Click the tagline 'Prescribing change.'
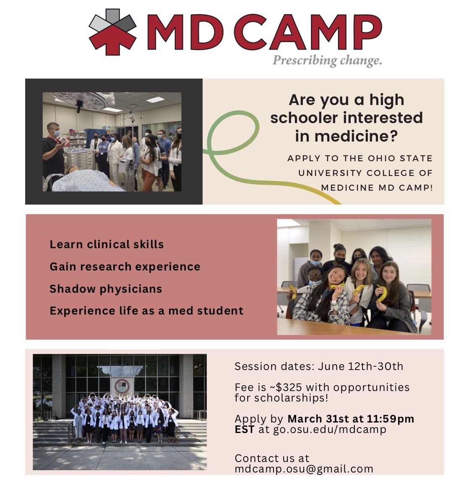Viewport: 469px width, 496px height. coord(327,60)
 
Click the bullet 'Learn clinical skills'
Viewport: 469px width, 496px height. coord(107,244)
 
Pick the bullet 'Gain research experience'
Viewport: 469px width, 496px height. coord(125,267)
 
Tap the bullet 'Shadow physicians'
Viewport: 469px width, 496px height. coord(106,289)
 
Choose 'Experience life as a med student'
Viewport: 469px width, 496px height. coord(146,311)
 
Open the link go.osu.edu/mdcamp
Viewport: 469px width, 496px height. coord(329,430)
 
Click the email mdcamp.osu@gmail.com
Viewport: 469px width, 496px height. coord(304,469)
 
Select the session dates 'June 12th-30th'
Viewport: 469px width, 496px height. coord(360,366)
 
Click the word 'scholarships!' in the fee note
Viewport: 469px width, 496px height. coord(281,398)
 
